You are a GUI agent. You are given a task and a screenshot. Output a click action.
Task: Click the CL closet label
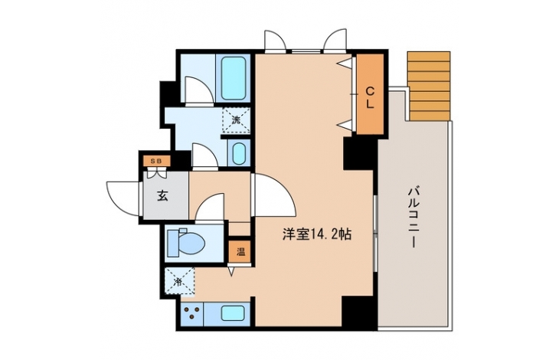[370, 98]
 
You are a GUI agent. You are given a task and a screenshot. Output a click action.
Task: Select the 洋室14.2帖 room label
[317, 234]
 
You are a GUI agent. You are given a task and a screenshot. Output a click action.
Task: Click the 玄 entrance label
[162, 195]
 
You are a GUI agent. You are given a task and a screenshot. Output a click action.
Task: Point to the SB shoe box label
[156, 161]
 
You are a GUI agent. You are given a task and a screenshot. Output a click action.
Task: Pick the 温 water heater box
[240, 252]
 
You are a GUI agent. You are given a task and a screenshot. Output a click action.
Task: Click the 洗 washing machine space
[236, 120]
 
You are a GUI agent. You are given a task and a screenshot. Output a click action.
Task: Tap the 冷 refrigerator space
[180, 282]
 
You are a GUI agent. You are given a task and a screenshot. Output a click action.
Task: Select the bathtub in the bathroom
[234, 78]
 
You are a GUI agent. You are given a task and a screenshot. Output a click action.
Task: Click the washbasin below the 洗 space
[239, 152]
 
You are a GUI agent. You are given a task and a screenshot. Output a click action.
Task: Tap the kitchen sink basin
[232, 313]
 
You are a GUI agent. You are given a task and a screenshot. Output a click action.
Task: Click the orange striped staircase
[429, 86]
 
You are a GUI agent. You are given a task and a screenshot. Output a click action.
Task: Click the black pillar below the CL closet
[360, 154]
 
